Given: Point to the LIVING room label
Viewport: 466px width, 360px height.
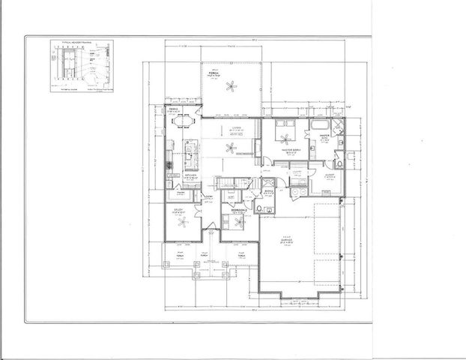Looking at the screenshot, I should (x=234, y=128).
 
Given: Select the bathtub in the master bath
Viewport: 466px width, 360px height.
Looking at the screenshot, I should (x=319, y=123).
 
